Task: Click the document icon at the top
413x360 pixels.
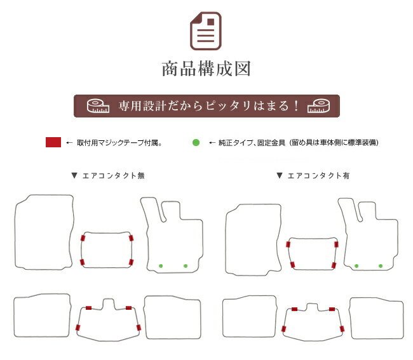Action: [206, 30]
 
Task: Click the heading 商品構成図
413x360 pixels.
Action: [207, 69]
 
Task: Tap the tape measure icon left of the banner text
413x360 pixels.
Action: [98, 106]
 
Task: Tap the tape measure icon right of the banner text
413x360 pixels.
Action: [318, 106]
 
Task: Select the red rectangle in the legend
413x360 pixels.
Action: [53, 142]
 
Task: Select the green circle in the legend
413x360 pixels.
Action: [196, 142]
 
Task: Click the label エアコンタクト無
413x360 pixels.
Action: [114, 175]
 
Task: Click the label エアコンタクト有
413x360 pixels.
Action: [319, 175]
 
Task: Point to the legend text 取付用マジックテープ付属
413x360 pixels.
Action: [119, 143]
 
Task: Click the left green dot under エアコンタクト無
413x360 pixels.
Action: [161, 266]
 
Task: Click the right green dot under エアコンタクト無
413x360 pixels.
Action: [186, 266]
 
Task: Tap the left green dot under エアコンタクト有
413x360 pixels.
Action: [356, 266]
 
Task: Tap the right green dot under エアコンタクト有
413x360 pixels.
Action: [381, 266]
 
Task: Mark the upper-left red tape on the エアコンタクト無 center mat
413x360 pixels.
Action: [83, 238]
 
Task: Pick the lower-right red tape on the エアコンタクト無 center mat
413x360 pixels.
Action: [131, 262]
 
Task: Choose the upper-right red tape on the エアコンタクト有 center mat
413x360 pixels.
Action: [336, 244]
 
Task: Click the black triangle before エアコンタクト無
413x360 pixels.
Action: [74, 175]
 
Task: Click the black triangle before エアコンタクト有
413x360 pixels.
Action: [280, 175]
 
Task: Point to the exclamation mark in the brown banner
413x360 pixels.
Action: [296, 106]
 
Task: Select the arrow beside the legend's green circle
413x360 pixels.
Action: [212, 143]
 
